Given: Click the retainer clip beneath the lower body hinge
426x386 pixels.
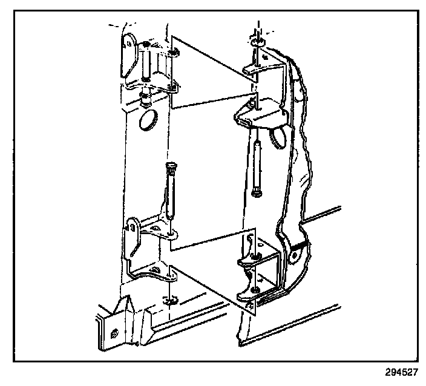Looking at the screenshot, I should (170, 298).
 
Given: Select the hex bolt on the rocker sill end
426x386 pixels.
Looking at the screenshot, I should (115, 332).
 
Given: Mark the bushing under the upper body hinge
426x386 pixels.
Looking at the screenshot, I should (146, 97).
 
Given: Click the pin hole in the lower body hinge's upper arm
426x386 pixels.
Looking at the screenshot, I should (170, 232).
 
